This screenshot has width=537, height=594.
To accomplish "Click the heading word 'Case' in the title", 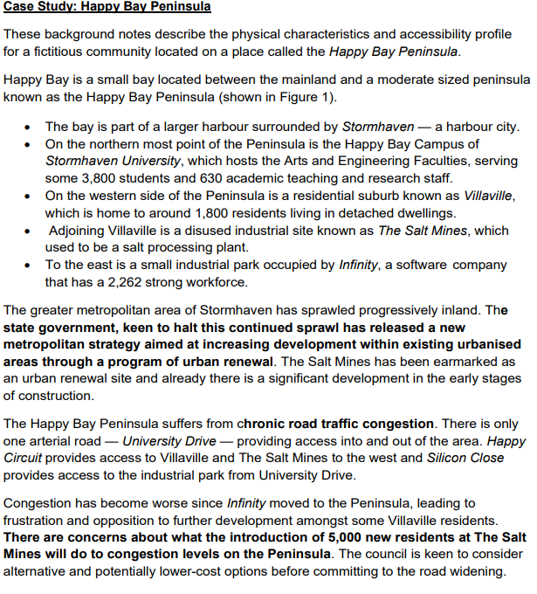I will tap(20, 8).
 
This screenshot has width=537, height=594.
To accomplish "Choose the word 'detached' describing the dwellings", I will tap(349, 213).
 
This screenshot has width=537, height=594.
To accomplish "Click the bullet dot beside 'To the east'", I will tap(31, 265).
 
